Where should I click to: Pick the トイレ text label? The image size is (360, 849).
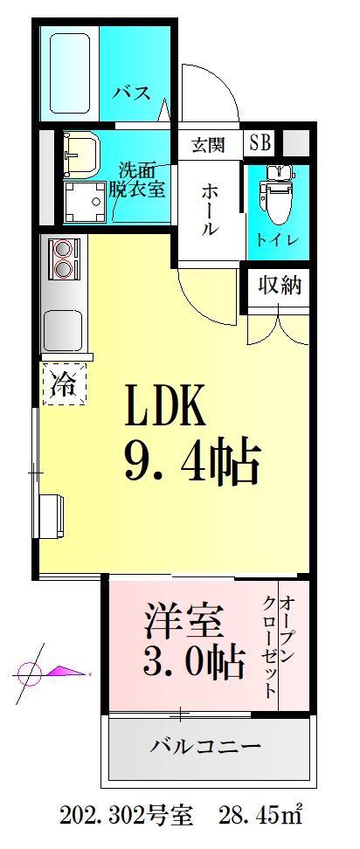[x=279, y=239]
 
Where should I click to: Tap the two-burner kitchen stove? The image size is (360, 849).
[x=64, y=256]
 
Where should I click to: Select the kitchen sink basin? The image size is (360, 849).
[x=62, y=327]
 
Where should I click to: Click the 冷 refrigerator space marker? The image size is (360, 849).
[x=65, y=382]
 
